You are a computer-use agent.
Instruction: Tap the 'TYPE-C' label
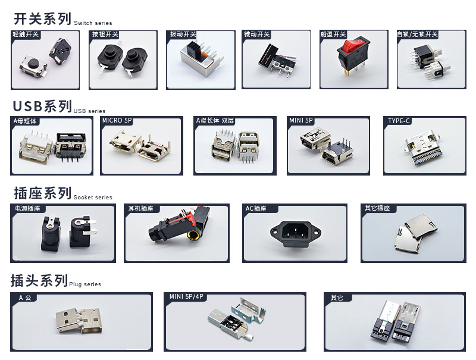[x=399, y=121]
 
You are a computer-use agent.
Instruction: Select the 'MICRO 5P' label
[x=117, y=121]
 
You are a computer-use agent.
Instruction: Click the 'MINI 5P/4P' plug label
[x=186, y=296]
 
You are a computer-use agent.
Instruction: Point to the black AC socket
[x=296, y=233]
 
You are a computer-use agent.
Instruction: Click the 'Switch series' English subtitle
[x=93, y=23]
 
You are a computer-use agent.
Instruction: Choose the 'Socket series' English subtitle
[x=93, y=198]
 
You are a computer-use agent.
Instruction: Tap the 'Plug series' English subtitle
[x=85, y=284]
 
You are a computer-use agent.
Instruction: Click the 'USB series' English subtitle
[x=90, y=111]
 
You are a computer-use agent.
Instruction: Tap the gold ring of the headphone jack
[x=193, y=234]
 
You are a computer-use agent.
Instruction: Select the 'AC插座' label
[x=256, y=208]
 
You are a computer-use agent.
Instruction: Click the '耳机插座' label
[x=140, y=208]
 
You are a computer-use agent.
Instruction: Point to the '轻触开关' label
[x=26, y=35]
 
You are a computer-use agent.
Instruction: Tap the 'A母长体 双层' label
[x=215, y=121]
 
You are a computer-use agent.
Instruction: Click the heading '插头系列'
[x=39, y=280]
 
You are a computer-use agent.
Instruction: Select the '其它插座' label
[x=377, y=208]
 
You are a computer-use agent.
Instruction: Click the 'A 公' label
[x=25, y=298]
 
